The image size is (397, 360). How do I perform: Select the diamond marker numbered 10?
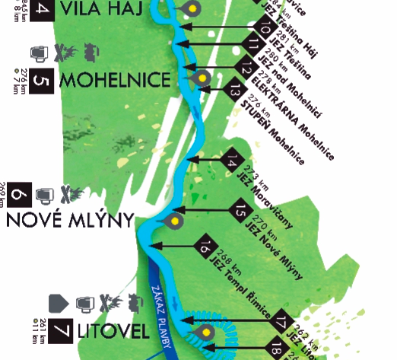[265, 27]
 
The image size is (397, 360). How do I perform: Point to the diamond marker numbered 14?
[233, 160]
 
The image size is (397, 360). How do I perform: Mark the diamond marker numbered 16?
[205, 246]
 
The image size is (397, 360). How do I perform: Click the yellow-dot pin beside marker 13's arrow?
[202, 78]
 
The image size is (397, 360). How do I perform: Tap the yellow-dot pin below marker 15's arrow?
[175, 221]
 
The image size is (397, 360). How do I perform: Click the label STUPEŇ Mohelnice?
[274, 131]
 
